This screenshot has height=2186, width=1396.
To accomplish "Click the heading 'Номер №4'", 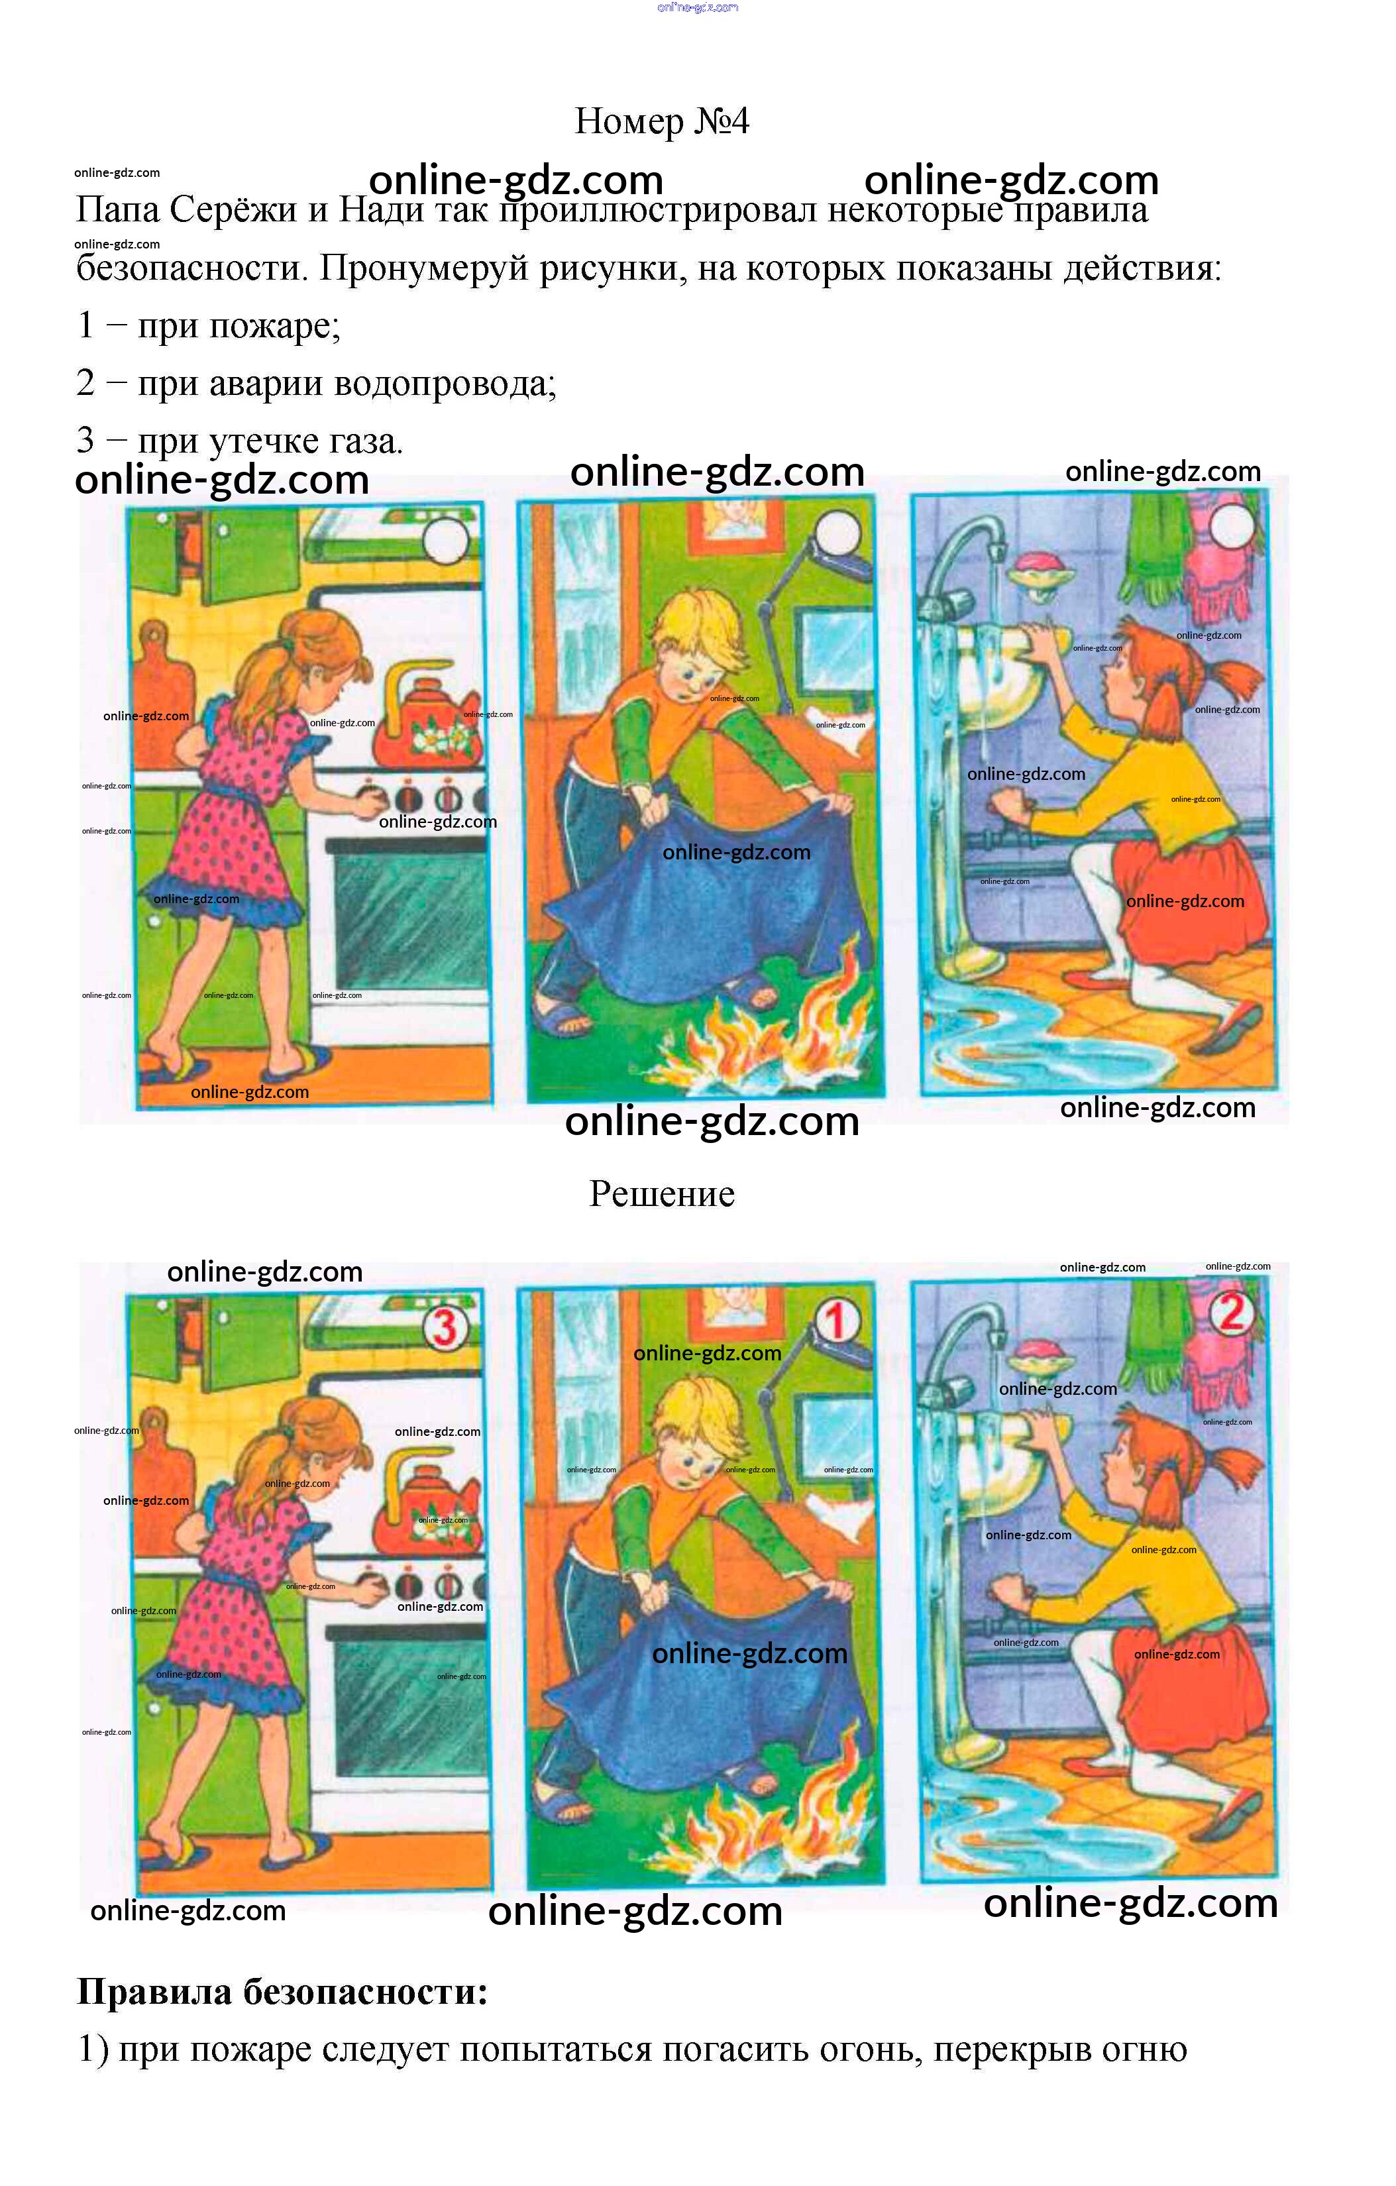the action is pyautogui.click(x=662, y=121).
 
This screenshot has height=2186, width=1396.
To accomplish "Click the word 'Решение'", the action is pyautogui.click(x=662, y=1194).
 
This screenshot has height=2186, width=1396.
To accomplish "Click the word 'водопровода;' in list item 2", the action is pyautogui.click(x=445, y=383).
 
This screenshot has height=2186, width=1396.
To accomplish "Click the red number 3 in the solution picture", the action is pyautogui.click(x=445, y=1327).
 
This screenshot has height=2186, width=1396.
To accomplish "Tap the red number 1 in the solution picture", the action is pyautogui.click(x=837, y=1320).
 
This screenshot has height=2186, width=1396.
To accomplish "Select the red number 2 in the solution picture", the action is pyautogui.click(x=1232, y=1313).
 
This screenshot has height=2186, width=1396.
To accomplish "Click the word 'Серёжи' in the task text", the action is pyautogui.click(x=233, y=209).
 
